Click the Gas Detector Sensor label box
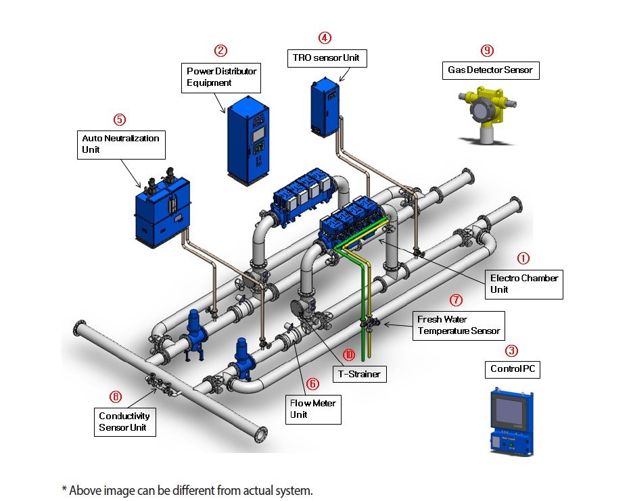coord(490,70)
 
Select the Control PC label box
coord(513,369)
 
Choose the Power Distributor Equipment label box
coord(221,77)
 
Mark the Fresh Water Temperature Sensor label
coord(459,325)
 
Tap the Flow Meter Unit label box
coord(313,409)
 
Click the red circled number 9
coord(487,51)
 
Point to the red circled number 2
coord(220,50)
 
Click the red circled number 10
coord(349,354)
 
